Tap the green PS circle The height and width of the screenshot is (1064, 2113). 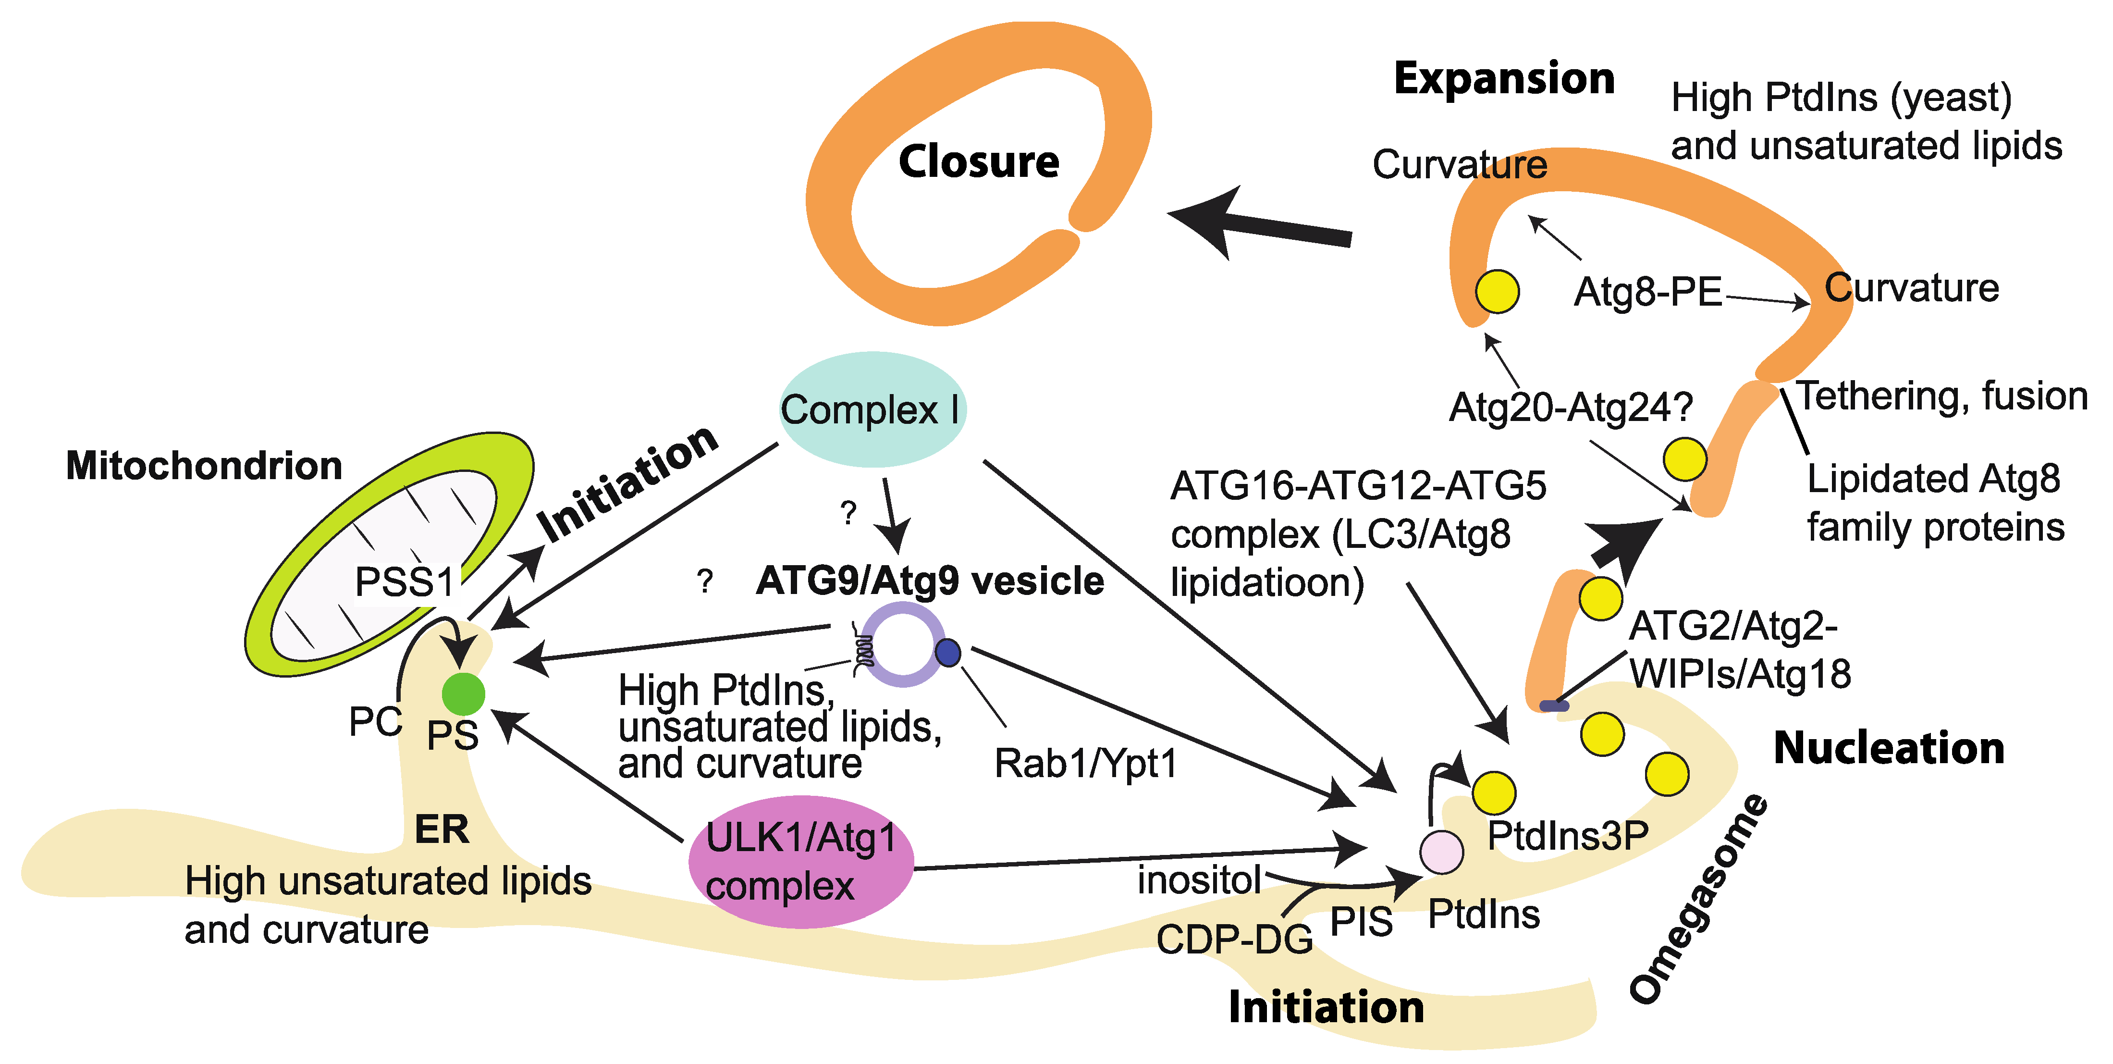464,694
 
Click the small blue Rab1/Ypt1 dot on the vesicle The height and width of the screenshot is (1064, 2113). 948,653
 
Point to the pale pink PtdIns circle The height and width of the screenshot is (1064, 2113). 1441,852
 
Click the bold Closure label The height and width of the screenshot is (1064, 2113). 979,161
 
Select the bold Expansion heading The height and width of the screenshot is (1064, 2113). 1504,79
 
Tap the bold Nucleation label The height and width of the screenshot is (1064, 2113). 1888,748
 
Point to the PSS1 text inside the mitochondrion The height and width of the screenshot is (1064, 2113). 405,582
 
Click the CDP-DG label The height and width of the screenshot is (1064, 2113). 1234,940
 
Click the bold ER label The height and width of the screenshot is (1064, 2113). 442,829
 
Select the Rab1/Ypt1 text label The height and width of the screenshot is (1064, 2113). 1085,764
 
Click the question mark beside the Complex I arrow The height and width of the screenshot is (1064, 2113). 848,513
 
